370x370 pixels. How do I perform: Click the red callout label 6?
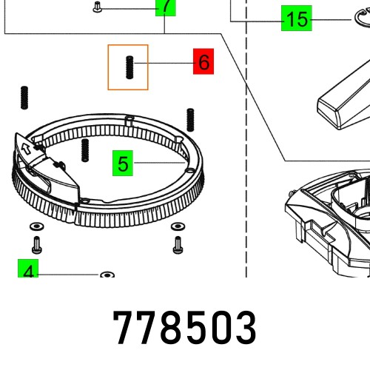pos(203,62)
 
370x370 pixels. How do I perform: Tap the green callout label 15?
pos(296,19)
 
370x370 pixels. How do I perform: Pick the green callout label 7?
pos(167,7)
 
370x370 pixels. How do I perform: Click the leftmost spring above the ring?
pos(24,96)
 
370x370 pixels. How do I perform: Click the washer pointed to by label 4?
pos(107,275)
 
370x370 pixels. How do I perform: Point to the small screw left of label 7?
pos(98,8)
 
